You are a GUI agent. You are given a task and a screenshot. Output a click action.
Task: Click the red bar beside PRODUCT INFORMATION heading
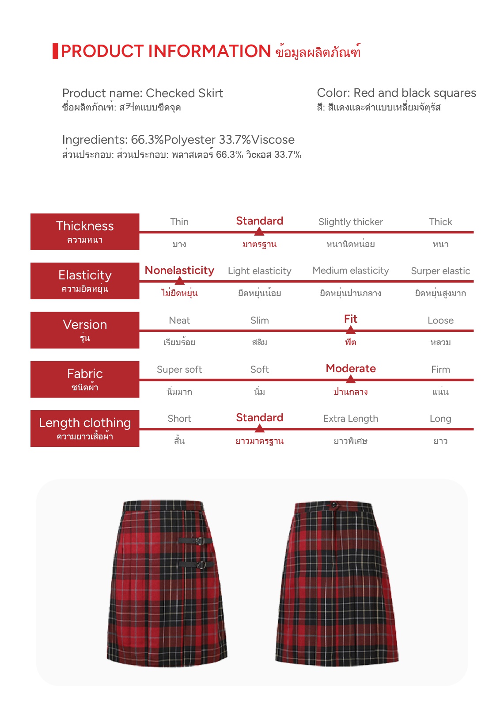[x=55, y=51]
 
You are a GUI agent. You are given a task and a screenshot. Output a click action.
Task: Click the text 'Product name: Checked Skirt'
[x=142, y=93]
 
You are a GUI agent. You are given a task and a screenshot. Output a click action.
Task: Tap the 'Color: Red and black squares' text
[x=396, y=93]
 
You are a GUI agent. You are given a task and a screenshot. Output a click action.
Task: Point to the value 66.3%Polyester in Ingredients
[x=173, y=140]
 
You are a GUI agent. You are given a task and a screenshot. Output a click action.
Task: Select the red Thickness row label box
[x=85, y=232]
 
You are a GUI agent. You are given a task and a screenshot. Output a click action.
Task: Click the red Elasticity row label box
[x=85, y=281]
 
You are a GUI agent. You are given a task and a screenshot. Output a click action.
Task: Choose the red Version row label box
[x=85, y=330]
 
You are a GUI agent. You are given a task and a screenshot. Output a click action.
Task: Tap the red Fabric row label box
[x=85, y=379]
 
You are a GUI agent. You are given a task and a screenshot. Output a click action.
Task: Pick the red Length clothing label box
[x=85, y=428]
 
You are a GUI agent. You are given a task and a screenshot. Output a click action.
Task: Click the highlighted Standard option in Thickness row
[x=259, y=221]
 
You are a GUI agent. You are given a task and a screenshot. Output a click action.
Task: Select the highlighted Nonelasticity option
[x=179, y=271]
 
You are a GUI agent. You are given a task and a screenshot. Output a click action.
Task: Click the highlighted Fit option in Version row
[x=350, y=319]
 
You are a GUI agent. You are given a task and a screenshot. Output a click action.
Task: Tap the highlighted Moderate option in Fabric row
[x=351, y=369]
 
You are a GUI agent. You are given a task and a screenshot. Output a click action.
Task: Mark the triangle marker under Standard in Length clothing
[x=260, y=428]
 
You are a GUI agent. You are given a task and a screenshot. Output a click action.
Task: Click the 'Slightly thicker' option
[x=350, y=222]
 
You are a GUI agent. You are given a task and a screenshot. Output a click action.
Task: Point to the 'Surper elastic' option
[x=440, y=271]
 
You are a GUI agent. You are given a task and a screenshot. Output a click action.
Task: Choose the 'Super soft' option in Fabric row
[x=179, y=370]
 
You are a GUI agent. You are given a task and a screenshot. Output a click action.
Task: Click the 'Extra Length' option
[x=350, y=419]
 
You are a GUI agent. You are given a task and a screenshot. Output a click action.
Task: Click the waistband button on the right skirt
[x=334, y=505]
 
